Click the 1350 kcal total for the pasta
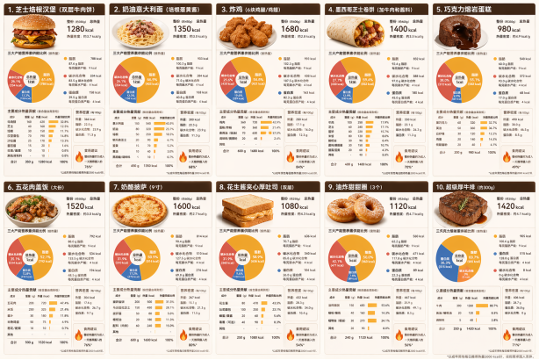pyautogui.click(x=183, y=29)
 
